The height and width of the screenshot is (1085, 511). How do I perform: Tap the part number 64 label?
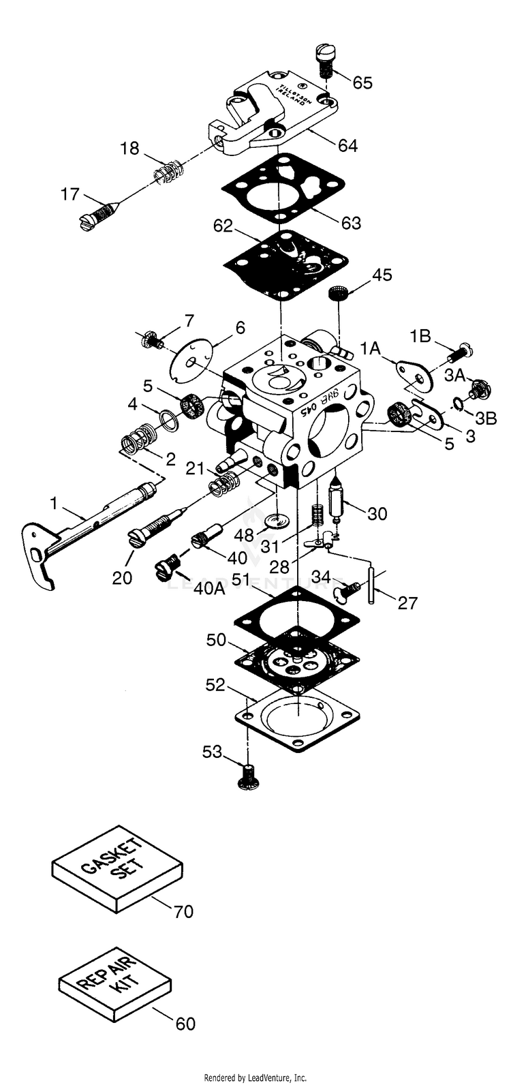[x=345, y=145]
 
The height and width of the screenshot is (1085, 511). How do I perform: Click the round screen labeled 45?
[x=335, y=294]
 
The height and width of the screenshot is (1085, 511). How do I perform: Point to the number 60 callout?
[x=185, y=1023]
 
